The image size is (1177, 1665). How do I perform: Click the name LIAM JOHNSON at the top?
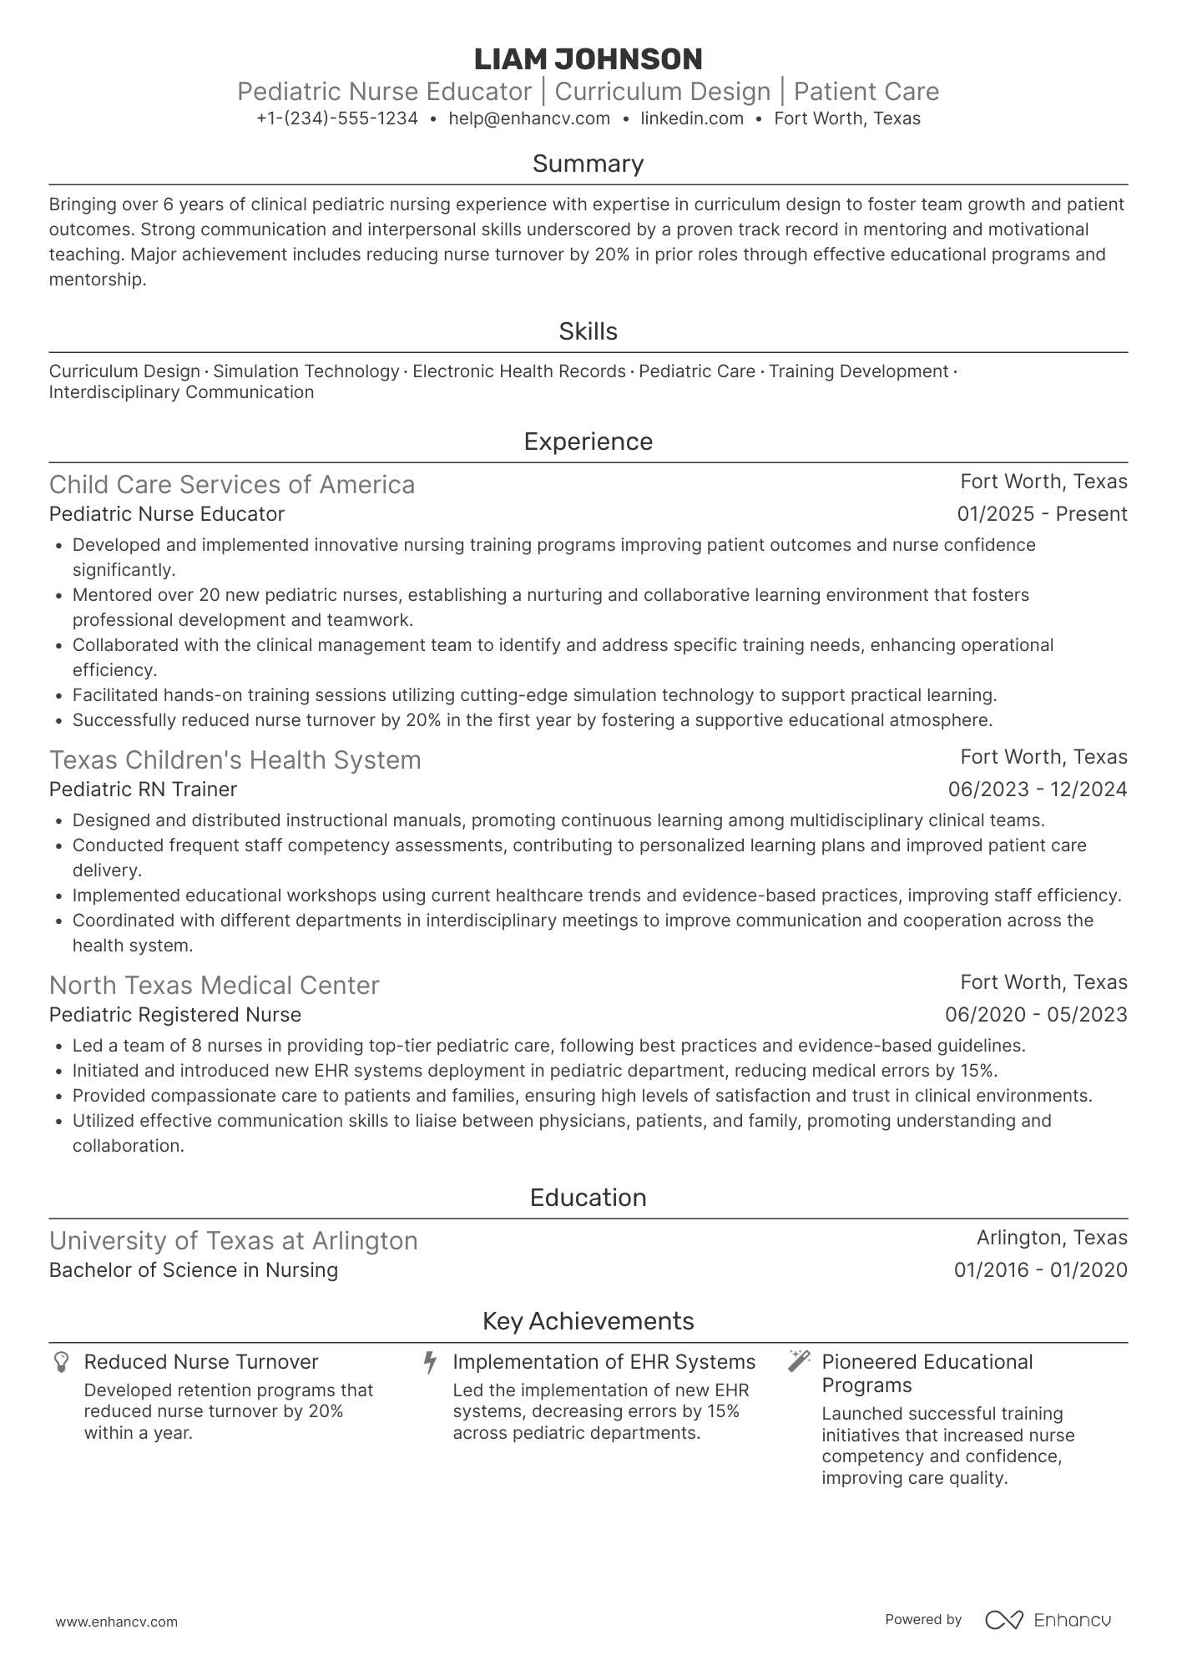pyautogui.click(x=588, y=59)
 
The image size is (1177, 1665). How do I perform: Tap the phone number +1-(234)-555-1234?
pyautogui.click(x=337, y=119)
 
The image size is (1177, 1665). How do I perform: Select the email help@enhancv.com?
pyautogui.click(x=528, y=119)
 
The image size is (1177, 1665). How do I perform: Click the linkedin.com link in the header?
pyautogui.click(x=691, y=119)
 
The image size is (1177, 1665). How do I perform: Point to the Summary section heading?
pyautogui.click(x=588, y=164)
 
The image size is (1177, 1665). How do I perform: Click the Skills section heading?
pyautogui.click(x=588, y=331)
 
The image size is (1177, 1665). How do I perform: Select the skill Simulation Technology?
pyautogui.click(x=306, y=371)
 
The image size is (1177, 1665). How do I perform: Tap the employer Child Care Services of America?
pyautogui.click(x=231, y=485)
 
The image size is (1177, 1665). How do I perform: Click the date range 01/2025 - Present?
pyautogui.click(x=1042, y=514)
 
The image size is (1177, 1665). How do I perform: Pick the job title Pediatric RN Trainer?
pyautogui.click(x=143, y=790)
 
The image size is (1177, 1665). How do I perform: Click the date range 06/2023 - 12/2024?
pyautogui.click(x=1037, y=790)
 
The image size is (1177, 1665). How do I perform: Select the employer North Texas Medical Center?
pyautogui.click(x=214, y=986)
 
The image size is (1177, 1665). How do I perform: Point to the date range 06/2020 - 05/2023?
pyautogui.click(x=1035, y=1015)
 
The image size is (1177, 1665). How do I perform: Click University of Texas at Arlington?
pyautogui.click(x=233, y=1241)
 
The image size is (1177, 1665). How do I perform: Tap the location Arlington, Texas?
pyautogui.click(x=1051, y=1238)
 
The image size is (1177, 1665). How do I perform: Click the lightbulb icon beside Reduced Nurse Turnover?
pyautogui.click(x=61, y=1362)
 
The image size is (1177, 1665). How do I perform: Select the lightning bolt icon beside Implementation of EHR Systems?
pyautogui.click(x=430, y=1362)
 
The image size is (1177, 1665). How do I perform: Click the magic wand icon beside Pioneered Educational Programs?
pyautogui.click(x=799, y=1361)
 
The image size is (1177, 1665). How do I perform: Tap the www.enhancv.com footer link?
pyautogui.click(x=116, y=1622)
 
